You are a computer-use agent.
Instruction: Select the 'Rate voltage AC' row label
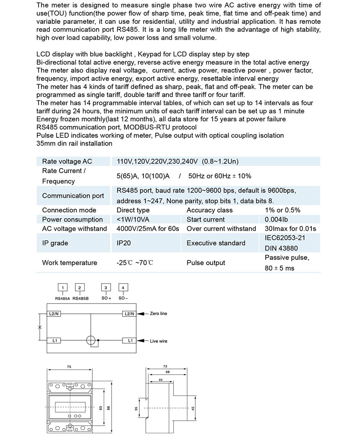click(x=67, y=161)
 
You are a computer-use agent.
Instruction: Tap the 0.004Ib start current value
click(x=276, y=219)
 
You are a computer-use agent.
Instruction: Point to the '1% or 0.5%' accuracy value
click(x=283, y=210)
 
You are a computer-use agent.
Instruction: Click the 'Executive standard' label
click(x=216, y=243)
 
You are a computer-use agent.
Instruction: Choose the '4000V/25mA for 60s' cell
click(x=148, y=228)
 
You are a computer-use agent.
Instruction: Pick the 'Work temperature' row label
click(x=70, y=263)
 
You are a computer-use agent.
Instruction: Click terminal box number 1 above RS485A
click(x=63, y=287)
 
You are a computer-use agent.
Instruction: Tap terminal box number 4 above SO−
click(x=123, y=287)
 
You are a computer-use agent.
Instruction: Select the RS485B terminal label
click(x=80, y=298)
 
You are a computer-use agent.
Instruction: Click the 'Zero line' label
click(x=159, y=313)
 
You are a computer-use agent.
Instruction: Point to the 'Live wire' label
click(x=159, y=341)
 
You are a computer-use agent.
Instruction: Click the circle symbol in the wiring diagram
click(x=91, y=340)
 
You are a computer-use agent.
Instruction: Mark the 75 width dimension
click(x=69, y=367)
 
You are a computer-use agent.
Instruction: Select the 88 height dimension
click(x=108, y=408)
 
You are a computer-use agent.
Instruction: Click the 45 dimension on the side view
click(x=193, y=408)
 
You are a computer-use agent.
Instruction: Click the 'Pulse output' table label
click(x=205, y=263)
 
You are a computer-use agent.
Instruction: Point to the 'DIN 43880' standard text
click(x=281, y=248)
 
